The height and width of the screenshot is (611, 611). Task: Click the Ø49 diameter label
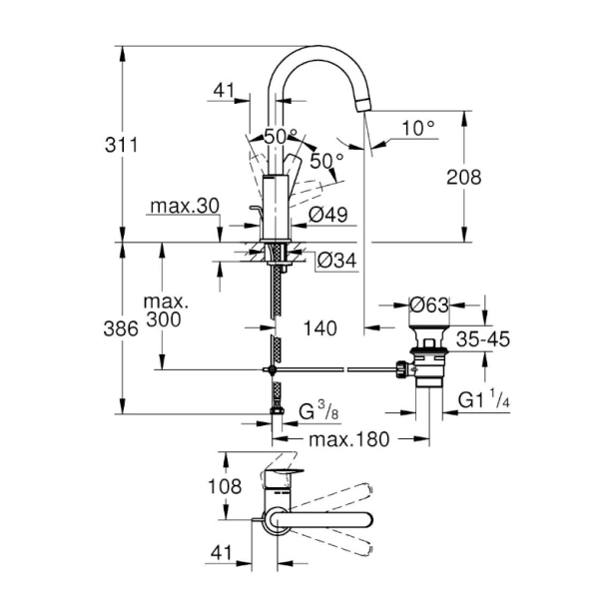[x=326, y=214]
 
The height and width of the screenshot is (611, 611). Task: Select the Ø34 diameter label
[x=336, y=262]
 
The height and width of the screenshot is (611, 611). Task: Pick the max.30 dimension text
[x=185, y=207]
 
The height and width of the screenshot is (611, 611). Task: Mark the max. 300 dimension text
[x=166, y=310]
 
